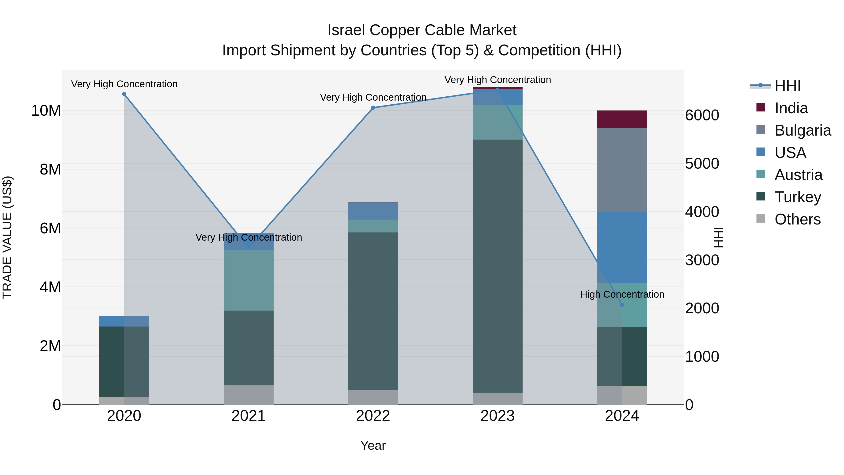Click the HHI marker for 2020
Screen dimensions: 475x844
[124, 94]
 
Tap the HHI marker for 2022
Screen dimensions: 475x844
[373, 108]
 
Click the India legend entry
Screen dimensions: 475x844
[791, 108]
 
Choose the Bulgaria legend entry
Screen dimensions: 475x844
[803, 130]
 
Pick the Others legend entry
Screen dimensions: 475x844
[797, 219]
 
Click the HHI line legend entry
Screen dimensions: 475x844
[787, 86]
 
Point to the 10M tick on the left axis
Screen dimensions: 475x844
[46, 111]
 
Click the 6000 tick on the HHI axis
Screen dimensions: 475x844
[702, 115]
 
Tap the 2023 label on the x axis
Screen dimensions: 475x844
[497, 416]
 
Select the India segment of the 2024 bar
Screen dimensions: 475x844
[622, 119]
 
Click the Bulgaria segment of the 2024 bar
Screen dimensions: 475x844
[622, 170]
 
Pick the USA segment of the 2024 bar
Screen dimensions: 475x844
[622, 247]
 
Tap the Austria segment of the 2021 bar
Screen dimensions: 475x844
[248, 280]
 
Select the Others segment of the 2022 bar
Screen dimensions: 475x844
[373, 397]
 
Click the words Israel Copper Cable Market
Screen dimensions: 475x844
[422, 30]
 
